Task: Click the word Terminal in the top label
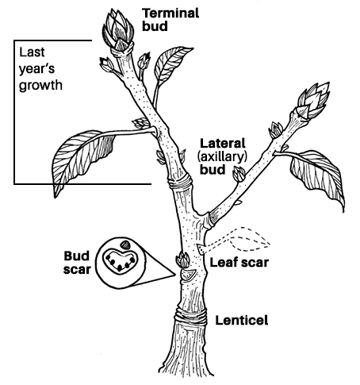click(170, 13)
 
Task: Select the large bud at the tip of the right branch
click(313, 100)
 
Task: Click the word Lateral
click(223, 144)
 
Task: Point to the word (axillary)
click(222, 157)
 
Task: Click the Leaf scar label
click(239, 263)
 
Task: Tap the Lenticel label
click(242, 320)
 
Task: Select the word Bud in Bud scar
click(77, 256)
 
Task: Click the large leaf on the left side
click(82, 159)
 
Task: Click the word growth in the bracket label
click(40, 86)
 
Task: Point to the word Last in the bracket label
click(32, 52)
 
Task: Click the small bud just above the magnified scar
click(183, 260)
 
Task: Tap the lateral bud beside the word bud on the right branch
click(239, 174)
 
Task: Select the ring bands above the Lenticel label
click(190, 316)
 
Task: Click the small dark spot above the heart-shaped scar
click(125, 244)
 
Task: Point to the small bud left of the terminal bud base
click(106, 64)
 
